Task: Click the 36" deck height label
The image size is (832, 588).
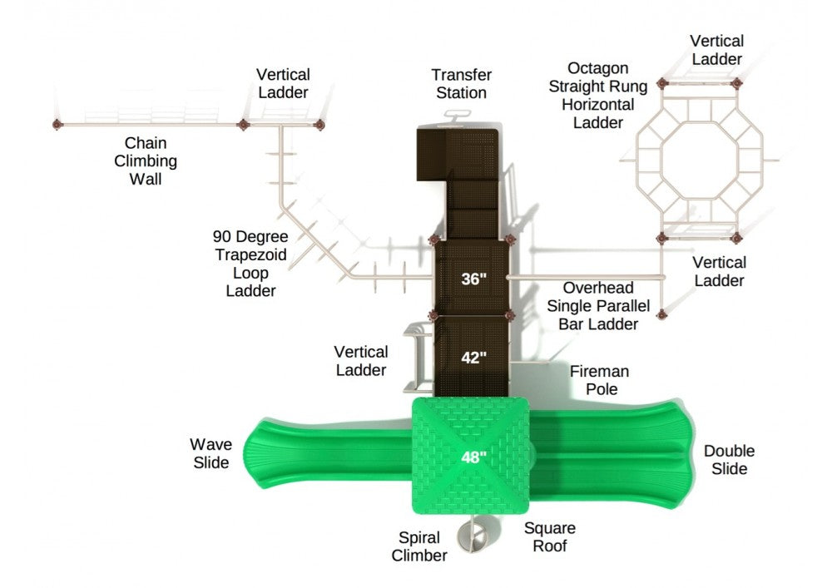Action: click(473, 279)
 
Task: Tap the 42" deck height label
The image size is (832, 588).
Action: click(473, 358)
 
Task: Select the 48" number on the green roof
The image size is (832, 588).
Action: click(474, 456)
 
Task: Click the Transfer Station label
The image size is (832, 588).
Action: click(461, 84)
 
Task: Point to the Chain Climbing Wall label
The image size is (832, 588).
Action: click(146, 161)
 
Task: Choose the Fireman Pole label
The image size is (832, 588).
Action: click(599, 380)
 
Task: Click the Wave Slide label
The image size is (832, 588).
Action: click(210, 453)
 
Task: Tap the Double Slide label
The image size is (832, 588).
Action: click(729, 460)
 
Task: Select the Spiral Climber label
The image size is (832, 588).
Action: click(419, 546)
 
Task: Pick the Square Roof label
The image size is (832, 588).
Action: click(549, 537)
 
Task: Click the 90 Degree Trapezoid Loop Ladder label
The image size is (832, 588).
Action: click(250, 264)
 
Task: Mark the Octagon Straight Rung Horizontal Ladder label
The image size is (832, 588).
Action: click(597, 95)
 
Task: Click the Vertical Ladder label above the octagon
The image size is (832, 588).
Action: click(717, 50)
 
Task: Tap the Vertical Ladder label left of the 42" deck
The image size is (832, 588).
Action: click(361, 361)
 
